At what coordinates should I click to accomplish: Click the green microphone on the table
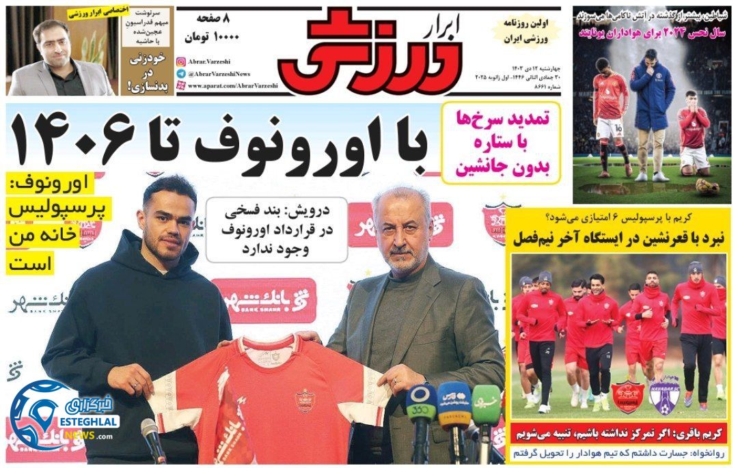coord(487,403)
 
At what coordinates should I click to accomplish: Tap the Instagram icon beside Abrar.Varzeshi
coord(180,61)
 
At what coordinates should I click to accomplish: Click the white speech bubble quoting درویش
coord(276,228)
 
